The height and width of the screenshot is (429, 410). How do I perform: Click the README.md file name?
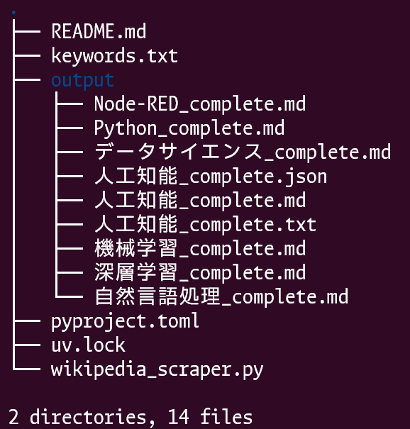coord(99,31)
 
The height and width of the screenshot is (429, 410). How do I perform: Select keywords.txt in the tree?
coord(114,56)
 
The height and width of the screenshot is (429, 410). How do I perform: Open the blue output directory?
coord(83,81)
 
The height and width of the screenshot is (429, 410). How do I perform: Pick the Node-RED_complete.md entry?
coord(200,104)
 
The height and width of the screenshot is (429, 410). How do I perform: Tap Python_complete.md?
coord(189,128)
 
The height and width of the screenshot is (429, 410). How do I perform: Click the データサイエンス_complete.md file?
coord(243,152)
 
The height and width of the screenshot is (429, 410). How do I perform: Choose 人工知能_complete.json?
coord(211,176)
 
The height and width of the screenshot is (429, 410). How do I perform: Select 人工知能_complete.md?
coord(200,200)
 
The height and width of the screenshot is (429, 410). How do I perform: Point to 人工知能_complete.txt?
coord(205,224)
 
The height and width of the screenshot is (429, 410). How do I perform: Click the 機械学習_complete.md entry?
coord(200,248)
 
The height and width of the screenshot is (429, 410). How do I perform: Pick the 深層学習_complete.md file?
coord(200,272)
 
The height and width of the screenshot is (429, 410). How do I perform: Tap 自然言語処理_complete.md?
coord(221,296)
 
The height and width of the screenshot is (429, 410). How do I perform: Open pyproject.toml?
coord(125,321)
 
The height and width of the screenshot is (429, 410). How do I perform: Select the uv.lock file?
coord(88,345)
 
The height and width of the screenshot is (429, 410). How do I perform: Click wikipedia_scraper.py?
coord(157,370)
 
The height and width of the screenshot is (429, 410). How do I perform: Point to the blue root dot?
coord(13,12)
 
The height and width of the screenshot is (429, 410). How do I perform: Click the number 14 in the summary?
coord(178,417)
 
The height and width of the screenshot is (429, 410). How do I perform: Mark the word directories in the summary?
coord(92,418)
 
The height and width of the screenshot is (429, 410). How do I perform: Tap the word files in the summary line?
coord(226,417)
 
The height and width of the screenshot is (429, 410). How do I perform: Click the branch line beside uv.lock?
coord(27,345)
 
